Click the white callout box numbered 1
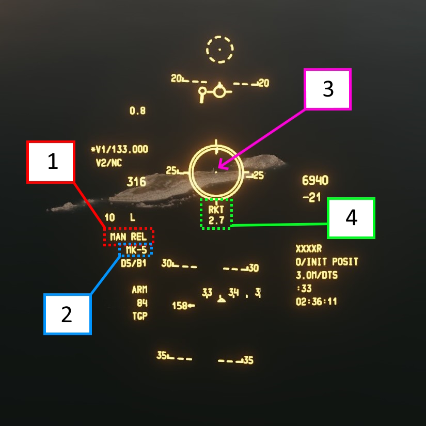tap(51, 162)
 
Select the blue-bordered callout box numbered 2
tap(67, 314)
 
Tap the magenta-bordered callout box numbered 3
tap(328, 89)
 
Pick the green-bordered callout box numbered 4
tap(351, 218)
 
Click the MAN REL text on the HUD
tap(129, 236)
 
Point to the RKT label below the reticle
tap(216, 211)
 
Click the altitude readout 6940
tap(315, 181)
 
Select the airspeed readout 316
tap(137, 182)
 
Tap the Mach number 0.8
tap(137, 111)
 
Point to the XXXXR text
tap(308, 249)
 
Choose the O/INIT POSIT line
tap(327, 262)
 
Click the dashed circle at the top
tap(220, 50)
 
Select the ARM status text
tap(139, 290)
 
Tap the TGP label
tap(139, 316)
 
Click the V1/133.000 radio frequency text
tap(119, 150)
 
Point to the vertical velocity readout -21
tap(311, 198)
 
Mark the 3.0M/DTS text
tap(317, 275)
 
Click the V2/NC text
tap(108, 163)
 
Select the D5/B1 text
tap(134, 263)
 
